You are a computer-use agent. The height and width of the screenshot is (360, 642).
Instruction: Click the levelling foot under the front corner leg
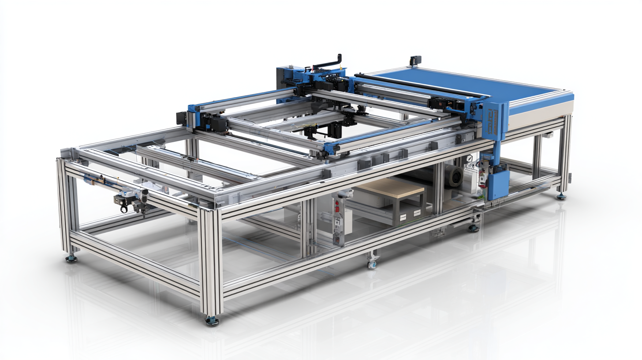212,320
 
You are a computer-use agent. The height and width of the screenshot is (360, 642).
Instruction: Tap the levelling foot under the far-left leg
71,259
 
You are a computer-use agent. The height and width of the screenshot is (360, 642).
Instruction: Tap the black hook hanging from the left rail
124,208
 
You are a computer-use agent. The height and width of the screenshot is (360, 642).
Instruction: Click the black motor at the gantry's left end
181,118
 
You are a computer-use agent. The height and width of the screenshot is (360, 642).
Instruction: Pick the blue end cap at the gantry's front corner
328,148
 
